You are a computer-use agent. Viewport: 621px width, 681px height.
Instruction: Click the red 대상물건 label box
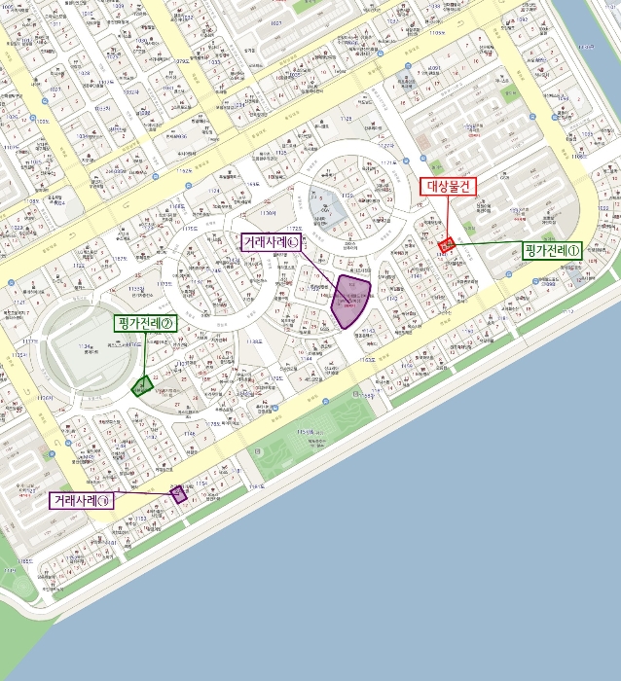[x=449, y=187]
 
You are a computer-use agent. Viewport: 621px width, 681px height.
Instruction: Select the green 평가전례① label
[x=551, y=251]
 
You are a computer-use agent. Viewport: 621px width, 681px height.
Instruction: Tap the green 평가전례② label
[x=144, y=323]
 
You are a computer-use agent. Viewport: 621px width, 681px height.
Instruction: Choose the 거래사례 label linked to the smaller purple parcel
[x=82, y=501]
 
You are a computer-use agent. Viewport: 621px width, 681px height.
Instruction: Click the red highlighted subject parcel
[x=447, y=245]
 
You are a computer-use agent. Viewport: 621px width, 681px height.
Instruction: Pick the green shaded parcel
[x=141, y=386]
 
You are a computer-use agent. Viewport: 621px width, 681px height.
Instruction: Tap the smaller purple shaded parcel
[x=178, y=493]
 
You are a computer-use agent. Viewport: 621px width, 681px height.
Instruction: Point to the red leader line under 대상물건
[x=449, y=216]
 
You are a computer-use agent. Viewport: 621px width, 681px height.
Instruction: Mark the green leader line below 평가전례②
[x=144, y=354]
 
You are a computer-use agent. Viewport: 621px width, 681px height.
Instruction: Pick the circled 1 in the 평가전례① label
[x=573, y=251]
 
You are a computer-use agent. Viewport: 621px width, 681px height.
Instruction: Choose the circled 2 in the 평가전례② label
[x=166, y=323]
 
